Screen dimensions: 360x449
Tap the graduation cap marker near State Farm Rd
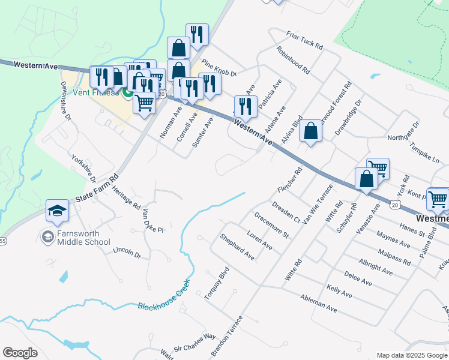(58, 211)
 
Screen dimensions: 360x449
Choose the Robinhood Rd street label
(293, 60)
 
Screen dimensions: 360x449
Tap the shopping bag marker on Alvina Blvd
(310, 131)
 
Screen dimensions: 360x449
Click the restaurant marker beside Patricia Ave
(245, 107)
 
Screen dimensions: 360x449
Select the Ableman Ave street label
(319, 303)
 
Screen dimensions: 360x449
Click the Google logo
(20, 353)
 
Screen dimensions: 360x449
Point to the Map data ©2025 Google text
(411, 355)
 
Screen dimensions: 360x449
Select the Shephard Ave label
(237, 247)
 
